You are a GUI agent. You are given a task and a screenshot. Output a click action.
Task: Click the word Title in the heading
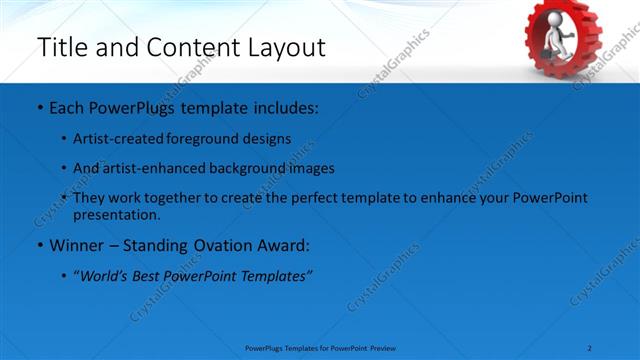pyautogui.click(x=61, y=47)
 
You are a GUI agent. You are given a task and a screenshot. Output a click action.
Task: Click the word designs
pyautogui.click(x=269, y=138)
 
